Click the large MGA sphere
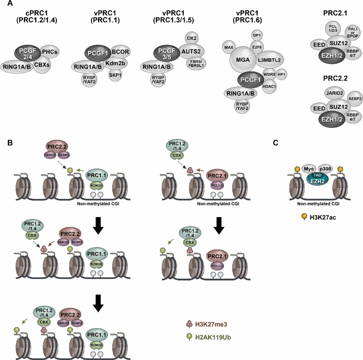click(x=244, y=60)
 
